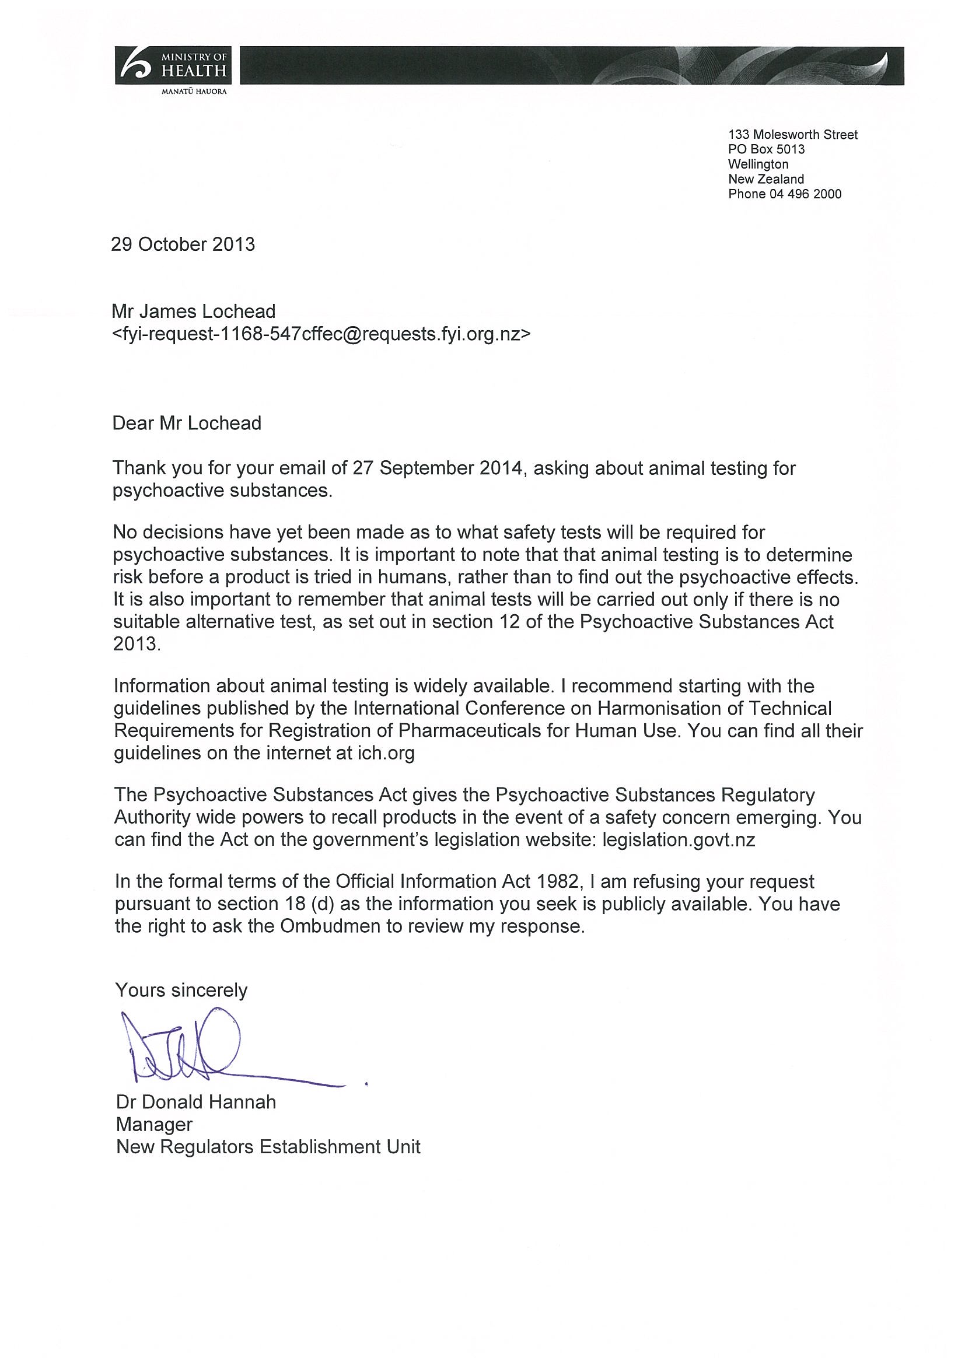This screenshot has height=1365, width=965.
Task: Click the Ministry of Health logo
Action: click(173, 70)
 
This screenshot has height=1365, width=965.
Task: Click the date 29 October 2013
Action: click(183, 244)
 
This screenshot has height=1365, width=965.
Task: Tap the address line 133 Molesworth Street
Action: click(792, 135)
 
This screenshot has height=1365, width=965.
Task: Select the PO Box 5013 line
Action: click(767, 149)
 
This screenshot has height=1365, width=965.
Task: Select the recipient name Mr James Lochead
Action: click(194, 311)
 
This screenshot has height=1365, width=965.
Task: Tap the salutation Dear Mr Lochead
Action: click(187, 423)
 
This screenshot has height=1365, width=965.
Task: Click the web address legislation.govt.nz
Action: click(679, 839)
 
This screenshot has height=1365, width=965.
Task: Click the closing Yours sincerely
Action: click(181, 990)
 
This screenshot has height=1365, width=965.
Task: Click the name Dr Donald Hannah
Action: click(196, 1102)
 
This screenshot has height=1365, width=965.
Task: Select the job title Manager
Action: click(155, 1124)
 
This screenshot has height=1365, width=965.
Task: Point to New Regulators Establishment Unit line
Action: click(268, 1146)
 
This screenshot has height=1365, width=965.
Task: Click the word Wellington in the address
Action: click(758, 164)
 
